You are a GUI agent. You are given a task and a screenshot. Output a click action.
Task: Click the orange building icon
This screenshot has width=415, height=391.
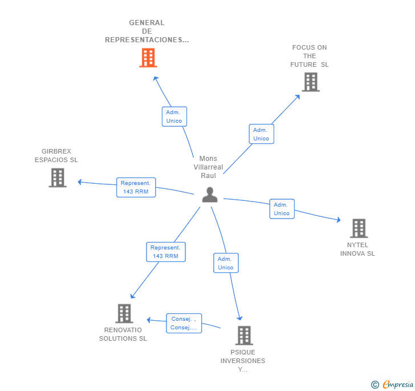pyautogui.click(x=148, y=58)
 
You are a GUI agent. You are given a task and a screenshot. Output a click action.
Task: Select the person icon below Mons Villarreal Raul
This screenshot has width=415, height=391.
pyautogui.click(x=210, y=195)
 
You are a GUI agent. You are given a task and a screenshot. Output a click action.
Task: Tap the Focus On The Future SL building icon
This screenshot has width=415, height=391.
pyautogui.click(x=310, y=82)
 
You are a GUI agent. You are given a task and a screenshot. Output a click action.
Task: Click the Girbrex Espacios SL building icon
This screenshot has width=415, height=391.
pyautogui.click(x=58, y=178)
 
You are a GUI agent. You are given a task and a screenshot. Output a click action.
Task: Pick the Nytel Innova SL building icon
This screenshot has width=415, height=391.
pyautogui.click(x=359, y=228)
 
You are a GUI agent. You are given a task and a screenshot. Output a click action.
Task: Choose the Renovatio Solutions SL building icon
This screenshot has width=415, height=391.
pyautogui.click(x=124, y=313)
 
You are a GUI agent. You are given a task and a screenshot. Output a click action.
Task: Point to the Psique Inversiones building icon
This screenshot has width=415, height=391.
pyautogui.click(x=244, y=336)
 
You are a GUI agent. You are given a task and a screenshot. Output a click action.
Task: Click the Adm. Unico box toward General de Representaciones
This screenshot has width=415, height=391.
pyautogui.click(x=174, y=116)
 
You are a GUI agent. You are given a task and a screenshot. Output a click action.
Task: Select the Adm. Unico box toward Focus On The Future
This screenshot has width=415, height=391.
pyautogui.click(x=261, y=134)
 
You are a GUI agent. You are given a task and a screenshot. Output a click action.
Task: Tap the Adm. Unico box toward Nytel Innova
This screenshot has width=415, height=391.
pyautogui.click(x=282, y=209)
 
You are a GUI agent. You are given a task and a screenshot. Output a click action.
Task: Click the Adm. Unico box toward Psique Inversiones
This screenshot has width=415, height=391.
pyautogui.click(x=226, y=263)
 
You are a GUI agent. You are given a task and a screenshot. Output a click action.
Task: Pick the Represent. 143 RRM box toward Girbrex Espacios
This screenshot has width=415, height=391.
pyautogui.click(x=136, y=187)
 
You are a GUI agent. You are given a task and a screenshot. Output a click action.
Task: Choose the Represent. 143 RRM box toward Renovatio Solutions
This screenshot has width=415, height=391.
pyautogui.click(x=165, y=252)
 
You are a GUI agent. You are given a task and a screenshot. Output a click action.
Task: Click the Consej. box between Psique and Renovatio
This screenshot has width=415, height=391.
pyautogui.click(x=184, y=324)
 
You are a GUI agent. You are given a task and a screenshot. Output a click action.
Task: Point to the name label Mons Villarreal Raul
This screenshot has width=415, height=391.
pyautogui.click(x=208, y=167)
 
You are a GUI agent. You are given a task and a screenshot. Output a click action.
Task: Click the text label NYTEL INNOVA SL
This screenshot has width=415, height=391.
pyautogui.click(x=357, y=249)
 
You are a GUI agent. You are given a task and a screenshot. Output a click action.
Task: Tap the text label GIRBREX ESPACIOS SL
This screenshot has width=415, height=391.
pyautogui.click(x=56, y=156)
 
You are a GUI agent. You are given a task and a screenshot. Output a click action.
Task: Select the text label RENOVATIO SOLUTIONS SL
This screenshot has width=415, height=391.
pyautogui.click(x=123, y=334)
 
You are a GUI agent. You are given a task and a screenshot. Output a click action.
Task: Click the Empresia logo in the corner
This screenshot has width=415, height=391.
pyautogui.click(x=392, y=384)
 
